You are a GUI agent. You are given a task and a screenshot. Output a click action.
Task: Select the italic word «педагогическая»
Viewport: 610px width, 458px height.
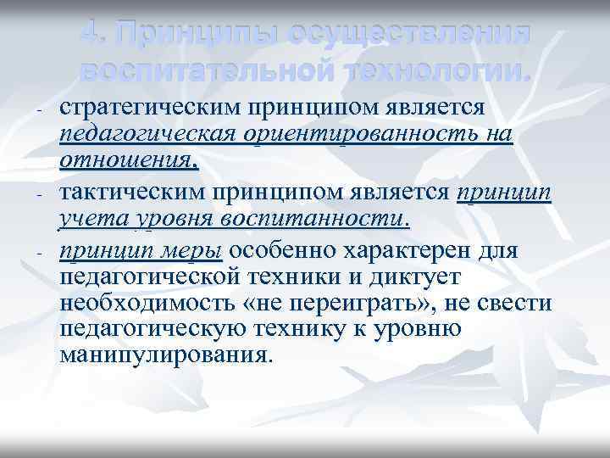[x=150, y=134]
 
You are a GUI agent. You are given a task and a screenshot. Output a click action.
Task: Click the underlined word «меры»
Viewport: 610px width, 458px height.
[x=197, y=251]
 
